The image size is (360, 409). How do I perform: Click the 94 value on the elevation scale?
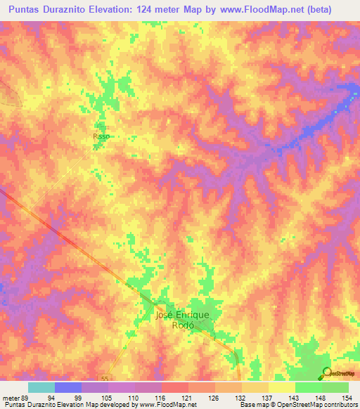click(51, 398)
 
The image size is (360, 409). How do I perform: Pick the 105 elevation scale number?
click(106, 398)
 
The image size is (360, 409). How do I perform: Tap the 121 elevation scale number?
click(188, 398)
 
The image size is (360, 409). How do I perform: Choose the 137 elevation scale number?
click(268, 398)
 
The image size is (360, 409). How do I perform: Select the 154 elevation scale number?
click(349, 398)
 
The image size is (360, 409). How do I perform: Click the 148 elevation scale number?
click(322, 398)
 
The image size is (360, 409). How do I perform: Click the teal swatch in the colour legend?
click(41, 387)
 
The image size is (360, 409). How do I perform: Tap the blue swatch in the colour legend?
click(68, 387)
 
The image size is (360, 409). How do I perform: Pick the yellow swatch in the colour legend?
click(281, 387)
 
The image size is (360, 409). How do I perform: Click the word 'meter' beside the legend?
click(10, 398)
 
